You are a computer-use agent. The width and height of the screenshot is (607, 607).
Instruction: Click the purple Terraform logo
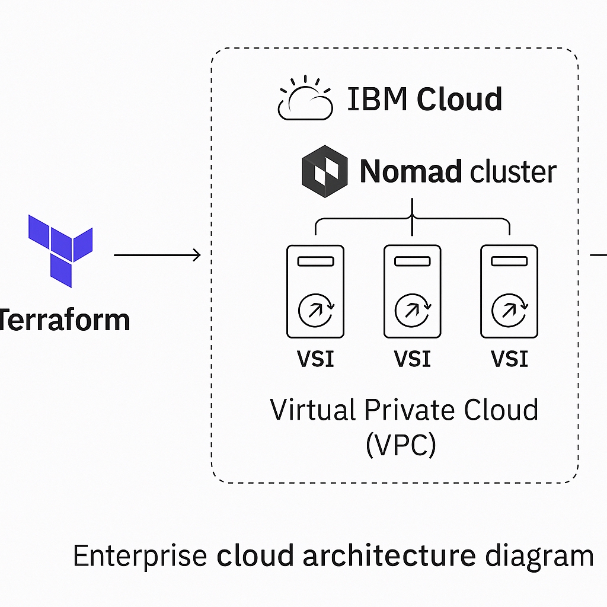click(60, 250)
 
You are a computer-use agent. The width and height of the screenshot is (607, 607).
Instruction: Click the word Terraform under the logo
click(64, 320)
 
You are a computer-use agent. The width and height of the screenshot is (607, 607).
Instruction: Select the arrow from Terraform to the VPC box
click(157, 255)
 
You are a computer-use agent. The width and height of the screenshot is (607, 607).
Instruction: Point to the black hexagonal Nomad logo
click(325, 173)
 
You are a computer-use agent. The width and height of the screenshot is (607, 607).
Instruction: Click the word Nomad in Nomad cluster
click(411, 172)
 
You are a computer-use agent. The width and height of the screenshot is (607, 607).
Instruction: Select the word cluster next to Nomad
click(513, 172)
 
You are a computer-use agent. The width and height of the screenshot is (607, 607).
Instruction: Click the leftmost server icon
click(315, 292)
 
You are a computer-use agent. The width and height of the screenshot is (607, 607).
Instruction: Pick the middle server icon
click(412, 292)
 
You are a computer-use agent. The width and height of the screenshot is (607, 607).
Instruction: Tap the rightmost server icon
click(509, 292)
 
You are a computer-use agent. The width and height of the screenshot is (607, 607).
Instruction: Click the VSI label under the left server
click(315, 359)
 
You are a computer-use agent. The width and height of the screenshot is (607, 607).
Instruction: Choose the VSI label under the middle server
click(412, 359)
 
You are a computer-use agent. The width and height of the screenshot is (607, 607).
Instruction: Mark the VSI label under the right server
click(509, 359)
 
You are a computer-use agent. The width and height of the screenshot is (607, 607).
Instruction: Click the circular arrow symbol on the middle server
click(412, 309)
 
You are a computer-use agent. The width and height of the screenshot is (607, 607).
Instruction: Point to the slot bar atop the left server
click(315, 261)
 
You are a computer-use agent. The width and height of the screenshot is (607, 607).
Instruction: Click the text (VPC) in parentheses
click(401, 445)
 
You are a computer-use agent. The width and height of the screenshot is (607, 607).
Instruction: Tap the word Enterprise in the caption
click(140, 556)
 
